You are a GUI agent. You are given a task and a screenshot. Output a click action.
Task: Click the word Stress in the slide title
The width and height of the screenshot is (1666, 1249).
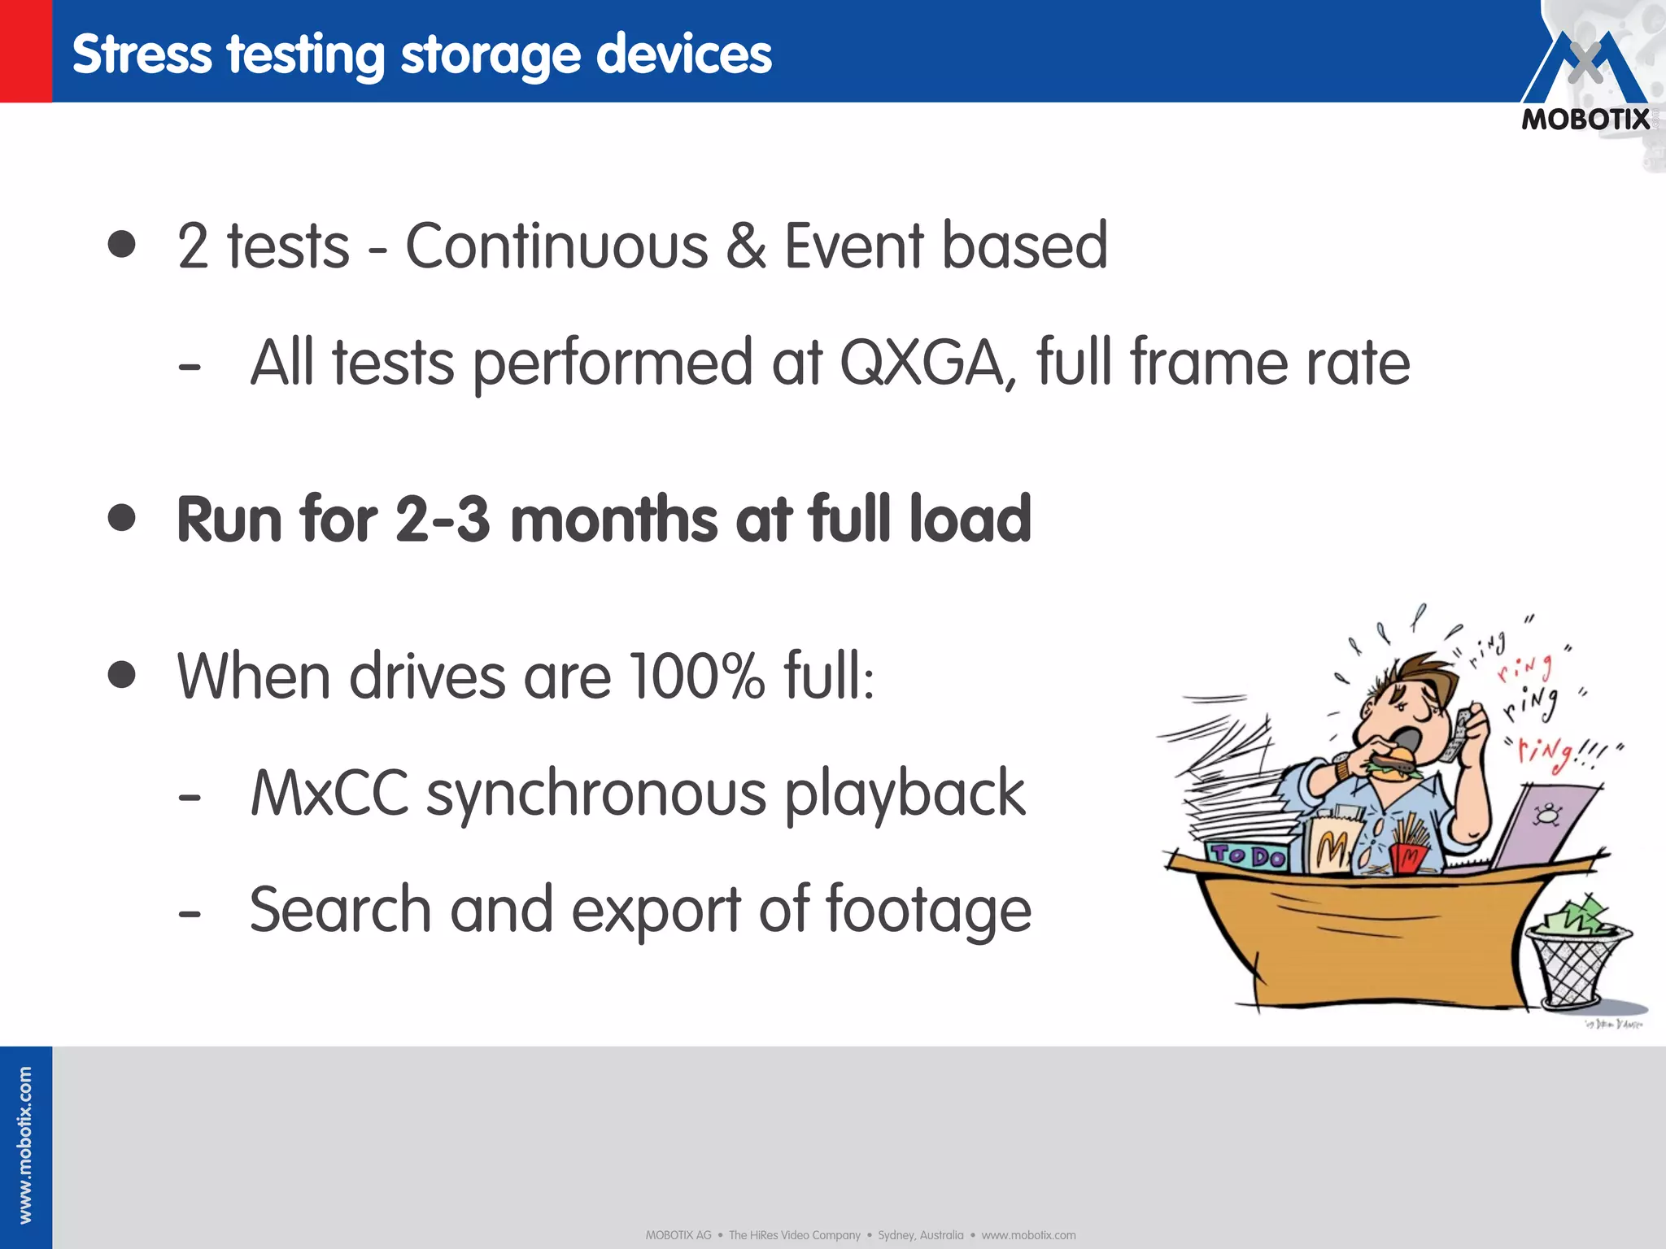142,55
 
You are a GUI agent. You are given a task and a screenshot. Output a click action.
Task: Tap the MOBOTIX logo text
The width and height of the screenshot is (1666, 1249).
1585,120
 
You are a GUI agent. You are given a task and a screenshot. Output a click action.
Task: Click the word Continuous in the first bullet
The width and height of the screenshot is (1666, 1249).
556,246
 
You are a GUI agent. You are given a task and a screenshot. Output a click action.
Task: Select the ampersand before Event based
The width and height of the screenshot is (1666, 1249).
745,246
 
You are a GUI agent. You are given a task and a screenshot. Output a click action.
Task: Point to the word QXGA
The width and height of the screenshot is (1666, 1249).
927,363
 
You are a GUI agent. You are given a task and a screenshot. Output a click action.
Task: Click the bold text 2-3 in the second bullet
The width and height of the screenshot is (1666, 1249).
443,519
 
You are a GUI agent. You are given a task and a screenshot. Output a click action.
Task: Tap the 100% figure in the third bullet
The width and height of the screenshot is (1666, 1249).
697,675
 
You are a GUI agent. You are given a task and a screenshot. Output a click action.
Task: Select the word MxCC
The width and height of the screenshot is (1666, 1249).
329,793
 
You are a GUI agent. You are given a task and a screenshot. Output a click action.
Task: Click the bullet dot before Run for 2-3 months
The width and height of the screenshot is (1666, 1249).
122,517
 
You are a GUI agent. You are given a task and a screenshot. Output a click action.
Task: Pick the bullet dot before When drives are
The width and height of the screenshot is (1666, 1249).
122,674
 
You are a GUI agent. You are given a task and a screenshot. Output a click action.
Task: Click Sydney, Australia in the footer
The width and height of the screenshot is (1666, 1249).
920,1235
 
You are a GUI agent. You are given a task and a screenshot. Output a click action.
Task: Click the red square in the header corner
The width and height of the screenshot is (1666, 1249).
25,50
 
